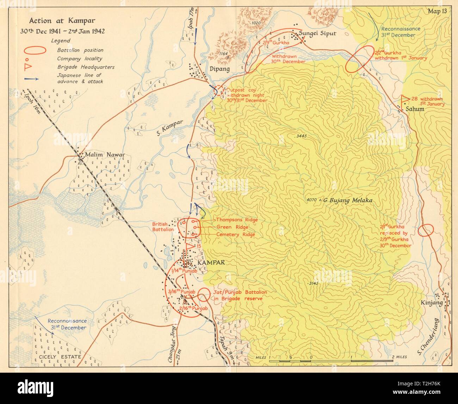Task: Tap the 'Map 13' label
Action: click(x=437, y=11)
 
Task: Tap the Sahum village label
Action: click(x=415, y=109)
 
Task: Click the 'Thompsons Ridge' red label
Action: click(x=237, y=220)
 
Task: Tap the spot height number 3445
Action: click(x=301, y=135)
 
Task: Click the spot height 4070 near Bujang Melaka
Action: click(x=312, y=200)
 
